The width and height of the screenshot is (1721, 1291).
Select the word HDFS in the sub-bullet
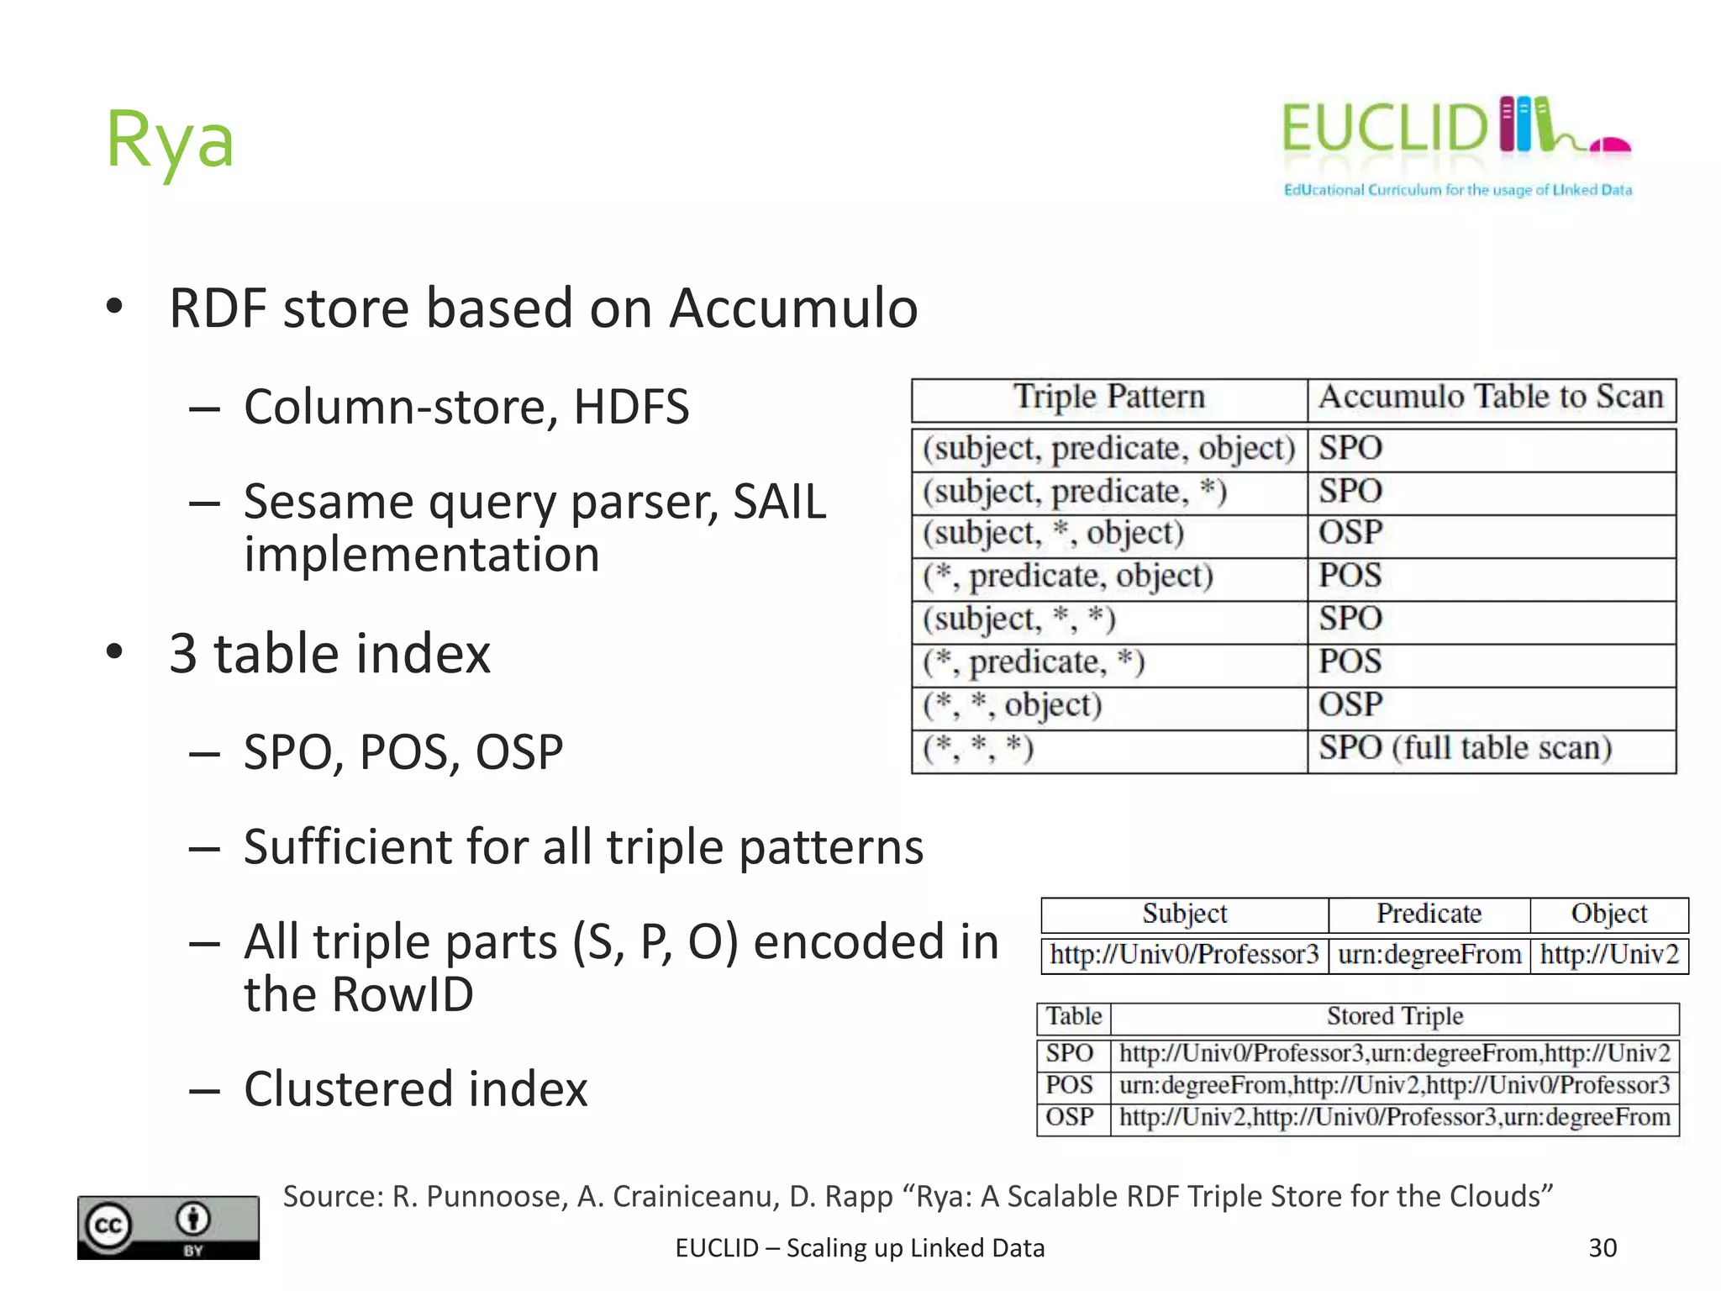coord(631,407)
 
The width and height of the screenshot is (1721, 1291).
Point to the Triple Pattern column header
coord(1108,397)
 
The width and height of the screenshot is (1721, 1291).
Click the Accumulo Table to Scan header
coord(1491,397)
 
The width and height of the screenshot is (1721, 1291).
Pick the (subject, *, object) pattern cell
coord(1053,533)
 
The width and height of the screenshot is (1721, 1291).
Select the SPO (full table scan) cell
coord(1465,747)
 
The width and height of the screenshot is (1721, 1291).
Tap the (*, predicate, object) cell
coord(1068,576)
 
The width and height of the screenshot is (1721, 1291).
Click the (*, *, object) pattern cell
coord(1013,704)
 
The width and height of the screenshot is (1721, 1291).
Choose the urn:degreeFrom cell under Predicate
coord(1429,955)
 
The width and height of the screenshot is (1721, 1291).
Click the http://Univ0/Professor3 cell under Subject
coord(1184,955)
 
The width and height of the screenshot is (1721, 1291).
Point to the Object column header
coord(1608,914)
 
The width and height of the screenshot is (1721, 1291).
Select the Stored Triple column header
coord(1395,1017)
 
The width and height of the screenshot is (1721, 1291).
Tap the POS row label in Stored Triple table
coord(1069,1085)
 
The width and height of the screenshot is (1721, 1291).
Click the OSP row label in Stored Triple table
coord(1069,1117)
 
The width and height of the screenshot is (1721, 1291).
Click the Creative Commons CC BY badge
coord(168,1227)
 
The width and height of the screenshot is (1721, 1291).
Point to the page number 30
coord(1603,1248)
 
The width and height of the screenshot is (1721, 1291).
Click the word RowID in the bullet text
coord(403,994)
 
